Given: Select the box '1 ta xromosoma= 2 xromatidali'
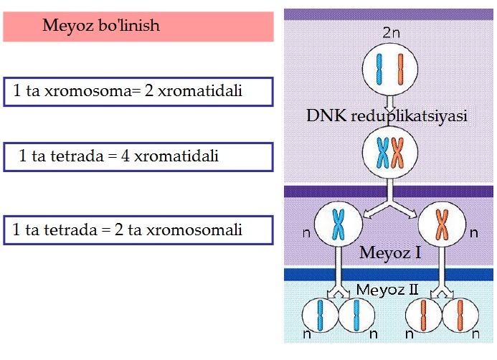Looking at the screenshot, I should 138,91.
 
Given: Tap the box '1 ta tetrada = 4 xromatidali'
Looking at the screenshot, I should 138,156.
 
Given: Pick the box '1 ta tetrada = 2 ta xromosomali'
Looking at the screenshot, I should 138,230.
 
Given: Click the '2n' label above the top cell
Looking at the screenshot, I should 391,33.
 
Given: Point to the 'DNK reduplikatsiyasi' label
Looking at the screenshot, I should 388,116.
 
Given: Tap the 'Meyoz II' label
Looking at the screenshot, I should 387,290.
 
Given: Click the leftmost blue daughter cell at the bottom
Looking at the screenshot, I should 318,316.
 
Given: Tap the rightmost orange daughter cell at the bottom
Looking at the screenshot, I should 460,316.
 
